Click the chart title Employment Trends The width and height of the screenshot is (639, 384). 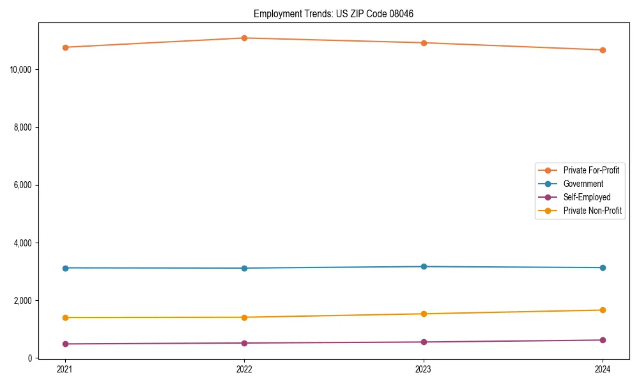pos(334,13)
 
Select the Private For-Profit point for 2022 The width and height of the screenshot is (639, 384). pos(244,38)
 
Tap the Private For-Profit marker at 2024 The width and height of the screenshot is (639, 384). pos(603,50)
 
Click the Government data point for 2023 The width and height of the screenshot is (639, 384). pos(424,266)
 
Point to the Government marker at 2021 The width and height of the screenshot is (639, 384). pos(65,268)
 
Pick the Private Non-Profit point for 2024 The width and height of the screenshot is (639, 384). pos(603,310)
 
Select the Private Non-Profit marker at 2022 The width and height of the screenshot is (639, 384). pos(244,317)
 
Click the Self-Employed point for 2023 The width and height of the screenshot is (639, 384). pos(424,342)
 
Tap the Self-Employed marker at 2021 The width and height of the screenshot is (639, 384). pos(65,344)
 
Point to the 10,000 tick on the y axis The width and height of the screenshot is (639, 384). pos(22,69)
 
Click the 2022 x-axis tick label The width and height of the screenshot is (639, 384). pos(244,369)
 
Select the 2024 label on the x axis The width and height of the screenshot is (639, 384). pos(603,369)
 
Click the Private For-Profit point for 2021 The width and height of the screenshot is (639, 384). pos(65,47)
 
